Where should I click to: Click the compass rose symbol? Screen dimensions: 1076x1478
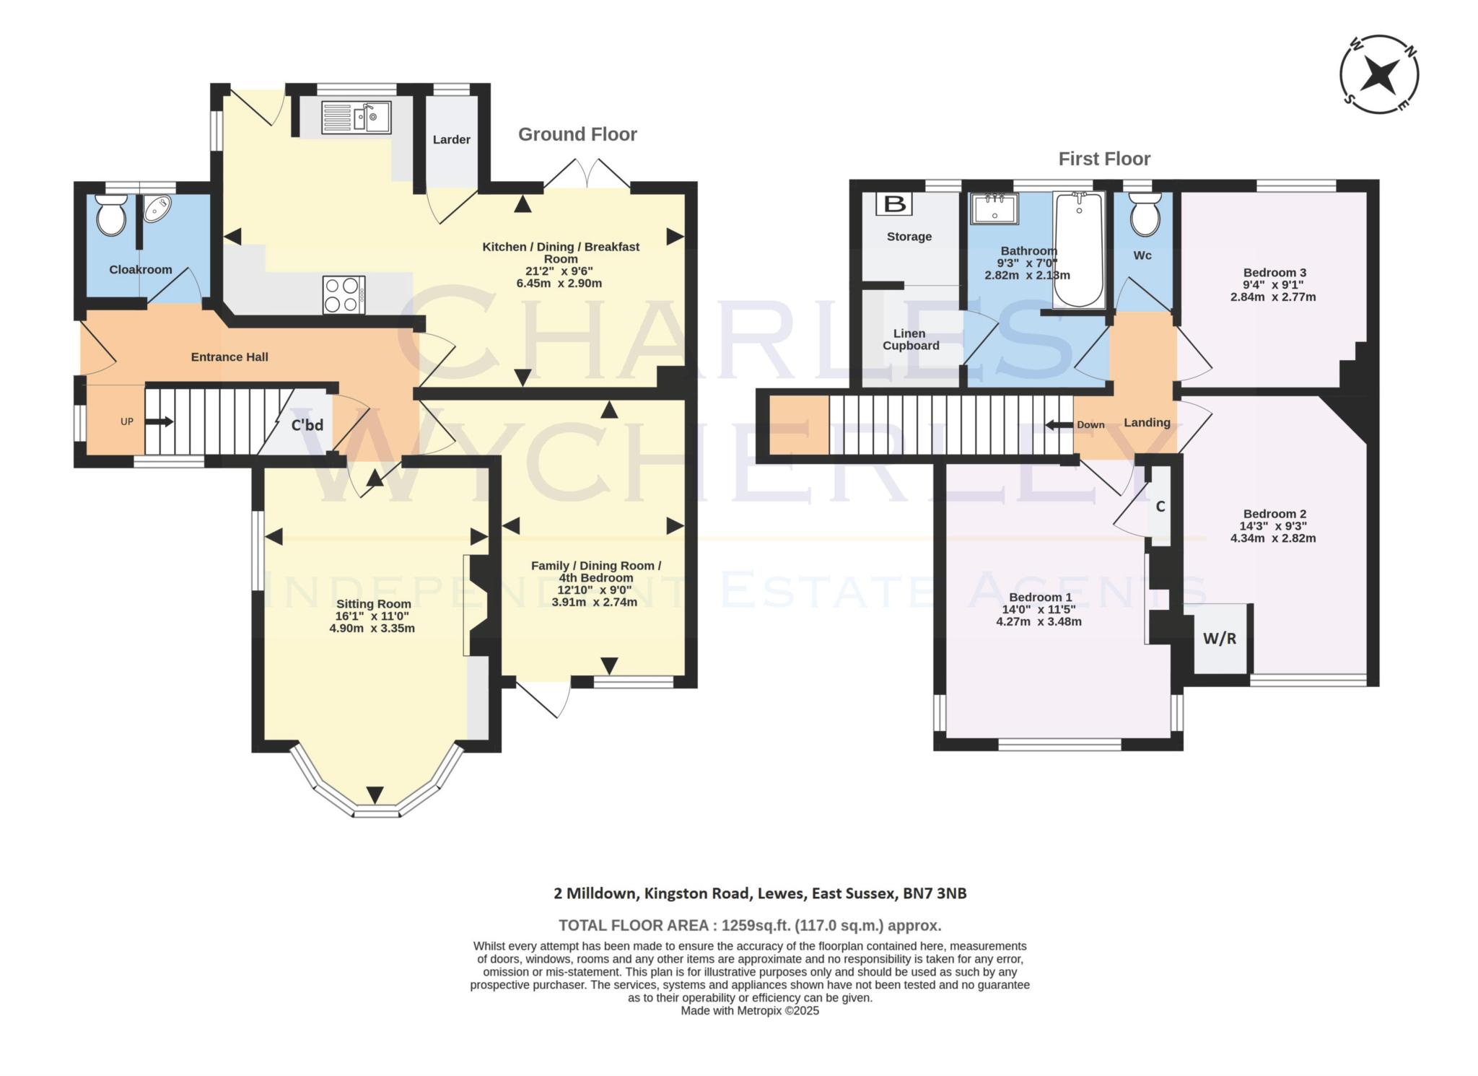click(1379, 74)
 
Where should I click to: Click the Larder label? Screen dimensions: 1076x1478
click(451, 139)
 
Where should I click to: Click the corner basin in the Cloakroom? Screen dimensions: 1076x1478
click(157, 209)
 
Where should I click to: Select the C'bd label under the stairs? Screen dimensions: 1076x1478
click(307, 425)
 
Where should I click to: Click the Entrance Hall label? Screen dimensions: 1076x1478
click(229, 357)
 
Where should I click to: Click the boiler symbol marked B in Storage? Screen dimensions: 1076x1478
click(894, 204)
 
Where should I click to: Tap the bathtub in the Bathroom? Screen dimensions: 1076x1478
click(1078, 249)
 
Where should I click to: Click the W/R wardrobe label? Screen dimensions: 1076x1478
click(1219, 639)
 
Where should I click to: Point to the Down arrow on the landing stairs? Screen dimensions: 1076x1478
click(1059, 424)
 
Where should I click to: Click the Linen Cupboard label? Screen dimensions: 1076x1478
click(910, 339)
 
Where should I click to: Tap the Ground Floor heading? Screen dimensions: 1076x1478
click(577, 134)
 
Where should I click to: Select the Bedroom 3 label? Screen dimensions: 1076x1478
click(1274, 272)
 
